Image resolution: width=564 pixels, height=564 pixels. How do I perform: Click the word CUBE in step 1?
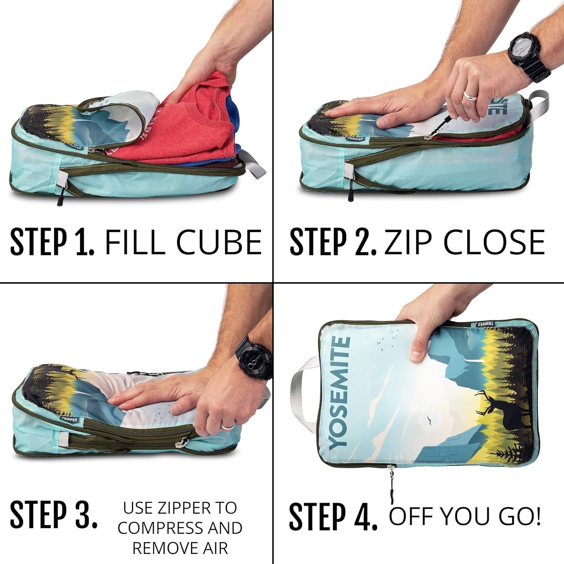click(219, 241)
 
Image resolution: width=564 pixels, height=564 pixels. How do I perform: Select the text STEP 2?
click(333, 242)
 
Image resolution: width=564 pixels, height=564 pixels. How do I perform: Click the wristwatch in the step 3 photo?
click(255, 357)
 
